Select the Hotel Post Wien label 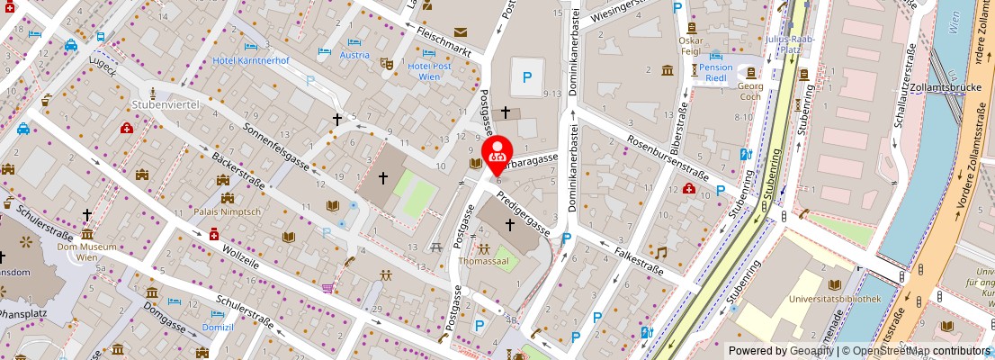[x=429, y=71]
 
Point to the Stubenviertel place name [x=165, y=105]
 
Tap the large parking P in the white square [x=527, y=78]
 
